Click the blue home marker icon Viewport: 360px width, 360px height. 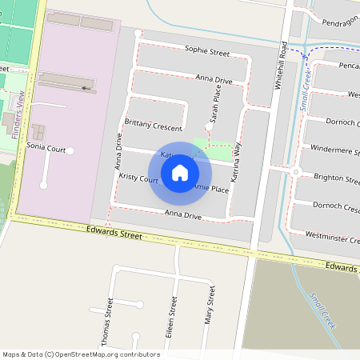pyautogui.click(x=180, y=172)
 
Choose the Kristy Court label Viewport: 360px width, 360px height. pyautogui.click(x=138, y=178)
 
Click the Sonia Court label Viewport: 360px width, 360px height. pyautogui.click(x=46, y=148)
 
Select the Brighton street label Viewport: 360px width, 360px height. pyautogui.click(x=337, y=178)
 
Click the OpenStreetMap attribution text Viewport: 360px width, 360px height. pyautogui.click(x=81, y=354)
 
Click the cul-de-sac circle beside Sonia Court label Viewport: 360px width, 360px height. pyautogui.click(x=70, y=150)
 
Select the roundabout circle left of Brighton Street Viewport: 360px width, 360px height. pyautogui.click(x=295, y=172)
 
